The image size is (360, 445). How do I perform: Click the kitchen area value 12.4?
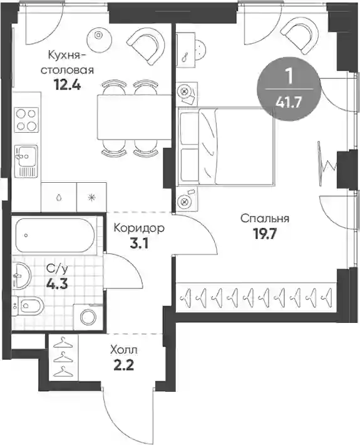click(68, 84)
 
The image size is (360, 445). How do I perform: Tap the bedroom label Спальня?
click(265, 219)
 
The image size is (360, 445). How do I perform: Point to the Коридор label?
click(139, 228)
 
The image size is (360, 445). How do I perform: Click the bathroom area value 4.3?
click(58, 284)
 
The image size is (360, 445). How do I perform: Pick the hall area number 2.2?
click(124, 366)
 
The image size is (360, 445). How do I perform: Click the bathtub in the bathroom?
click(55, 235)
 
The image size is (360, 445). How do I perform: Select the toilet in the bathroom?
click(28, 305)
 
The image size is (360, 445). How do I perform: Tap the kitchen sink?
click(26, 161)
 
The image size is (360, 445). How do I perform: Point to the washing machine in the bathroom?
click(88, 317)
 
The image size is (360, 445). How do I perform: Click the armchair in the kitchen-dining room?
click(146, 45)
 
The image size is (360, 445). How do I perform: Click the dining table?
click(134, 118)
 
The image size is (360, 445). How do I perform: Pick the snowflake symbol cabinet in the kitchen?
click(91, 197)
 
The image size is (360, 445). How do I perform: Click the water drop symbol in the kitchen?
click(59, 197)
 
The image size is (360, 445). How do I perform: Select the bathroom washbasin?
click(21, 275)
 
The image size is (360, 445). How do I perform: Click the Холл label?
click(124, 350)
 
